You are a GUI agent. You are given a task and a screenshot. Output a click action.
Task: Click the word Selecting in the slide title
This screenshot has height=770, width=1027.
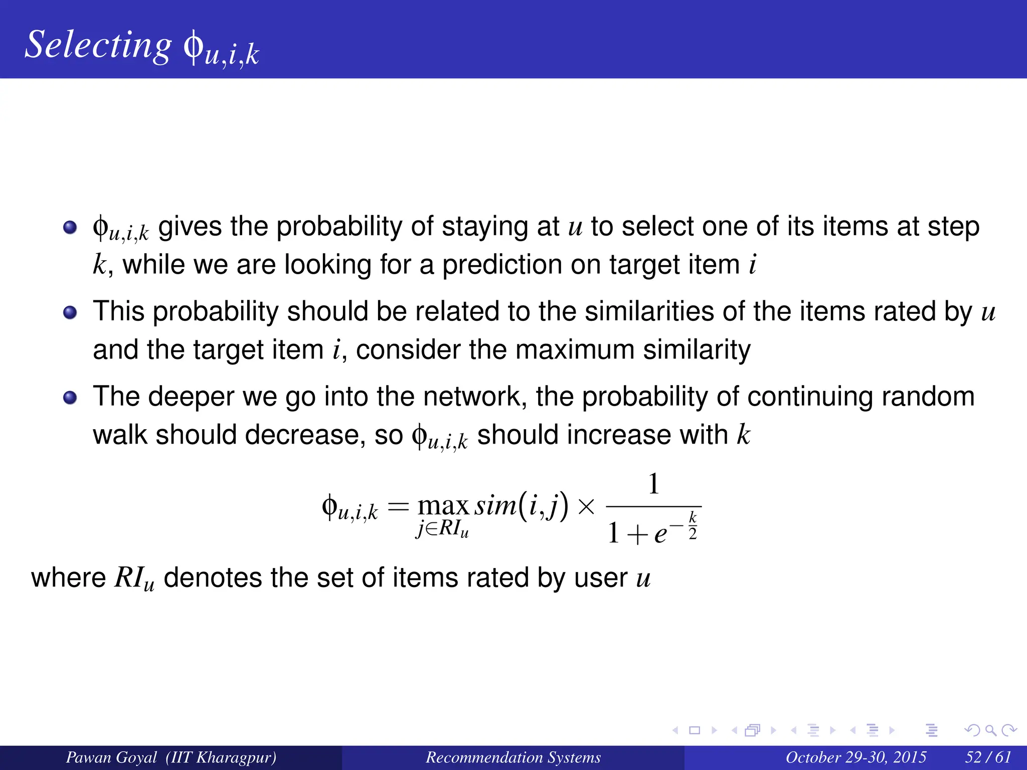pos(98,45)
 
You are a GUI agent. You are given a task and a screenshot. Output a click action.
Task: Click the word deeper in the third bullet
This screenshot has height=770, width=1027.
pos(191,397)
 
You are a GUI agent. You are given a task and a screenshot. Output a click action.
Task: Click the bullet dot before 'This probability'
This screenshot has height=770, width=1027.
pos(70,312)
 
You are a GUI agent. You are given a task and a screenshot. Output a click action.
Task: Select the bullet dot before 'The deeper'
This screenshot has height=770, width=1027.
pos(70,398)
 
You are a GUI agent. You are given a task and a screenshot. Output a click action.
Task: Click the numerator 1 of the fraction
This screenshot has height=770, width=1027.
pos(653,484)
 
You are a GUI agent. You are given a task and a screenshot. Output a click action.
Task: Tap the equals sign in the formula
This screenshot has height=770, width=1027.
pos(399,506)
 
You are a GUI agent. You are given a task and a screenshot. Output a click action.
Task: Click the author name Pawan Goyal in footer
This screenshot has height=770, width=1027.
pos(111,757)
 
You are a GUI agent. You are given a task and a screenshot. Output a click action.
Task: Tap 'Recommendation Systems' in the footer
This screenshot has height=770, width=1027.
pos(513,757)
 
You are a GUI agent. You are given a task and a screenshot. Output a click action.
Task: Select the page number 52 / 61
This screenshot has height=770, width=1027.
pos(988,757)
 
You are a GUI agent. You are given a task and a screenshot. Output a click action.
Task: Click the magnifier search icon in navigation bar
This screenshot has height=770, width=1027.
pos(990,730)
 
